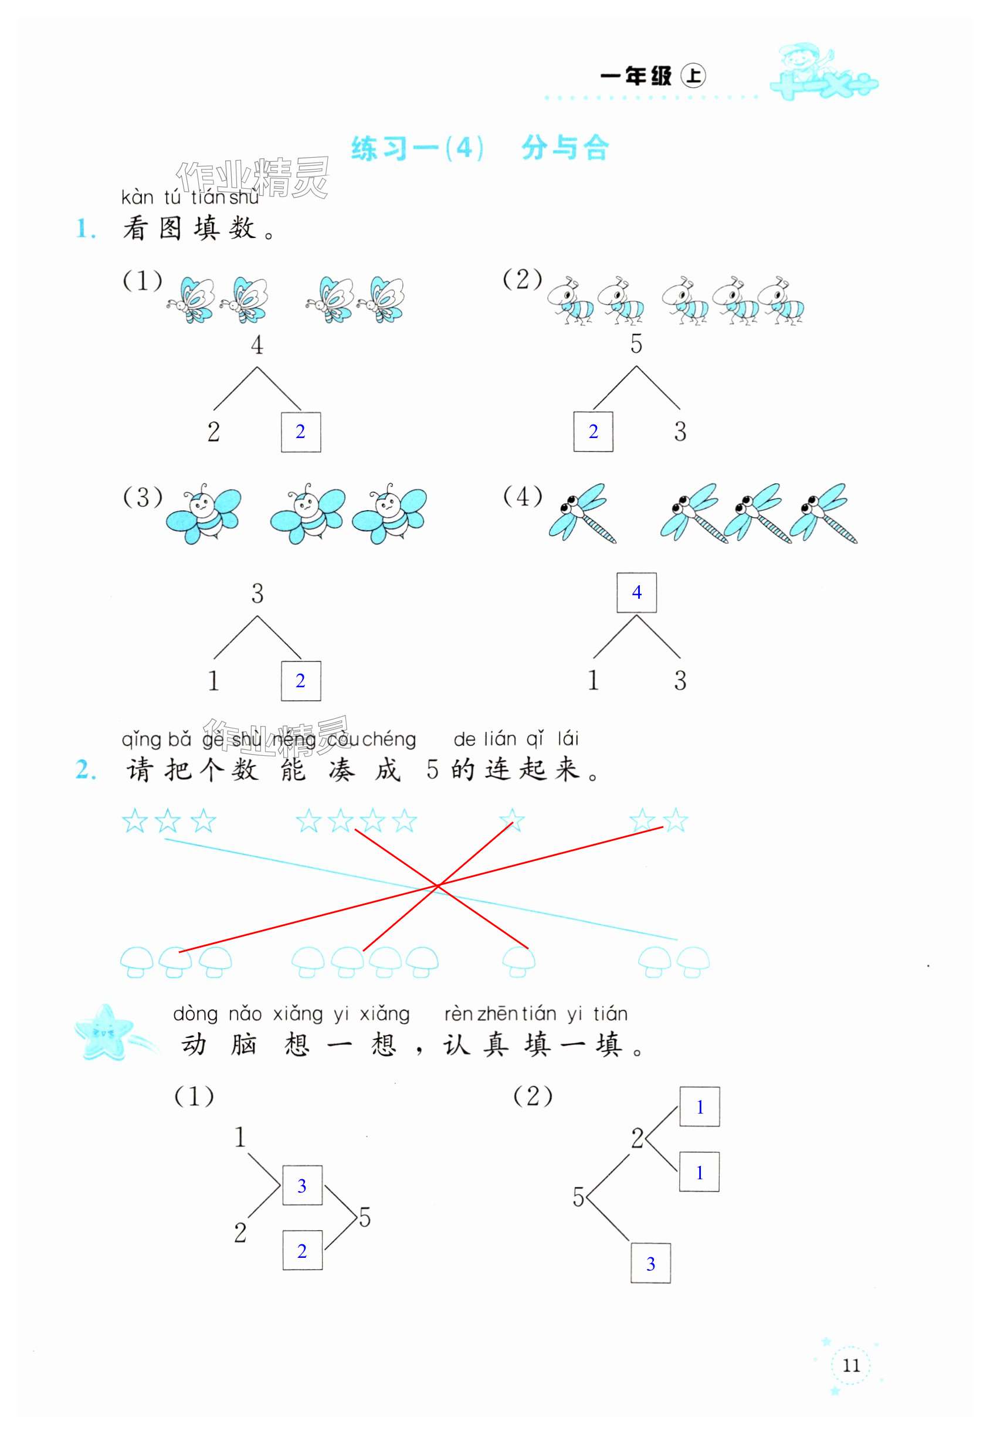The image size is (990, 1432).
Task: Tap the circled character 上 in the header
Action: click(x=693, y=76)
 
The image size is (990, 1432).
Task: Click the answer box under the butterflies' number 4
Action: click(x=301, y=432)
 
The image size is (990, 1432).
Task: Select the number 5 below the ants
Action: click(x=636, y=344)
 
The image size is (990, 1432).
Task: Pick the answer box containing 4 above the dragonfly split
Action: click(x=636, y=593)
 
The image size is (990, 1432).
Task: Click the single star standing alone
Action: click(x=512, y=821)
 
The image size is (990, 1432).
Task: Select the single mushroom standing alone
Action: click(x=518, y=961)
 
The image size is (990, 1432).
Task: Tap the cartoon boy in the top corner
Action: click(x=800, y=62)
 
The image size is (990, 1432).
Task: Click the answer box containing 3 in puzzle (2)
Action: click(x=650, y=1263)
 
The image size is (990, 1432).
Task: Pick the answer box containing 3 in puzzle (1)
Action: click(x=302, y=1186)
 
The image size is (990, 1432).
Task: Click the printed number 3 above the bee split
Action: click(x=257, y=593)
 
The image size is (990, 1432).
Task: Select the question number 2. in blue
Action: click(x=86, y=771)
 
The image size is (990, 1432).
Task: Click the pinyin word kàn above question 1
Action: click(x=137, y=198)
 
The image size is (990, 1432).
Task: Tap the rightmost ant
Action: click(x=782, y=301)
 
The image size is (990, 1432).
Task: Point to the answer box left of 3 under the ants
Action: click(x=593, y=432)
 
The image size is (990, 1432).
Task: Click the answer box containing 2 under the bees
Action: click(x=301, y=681)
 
